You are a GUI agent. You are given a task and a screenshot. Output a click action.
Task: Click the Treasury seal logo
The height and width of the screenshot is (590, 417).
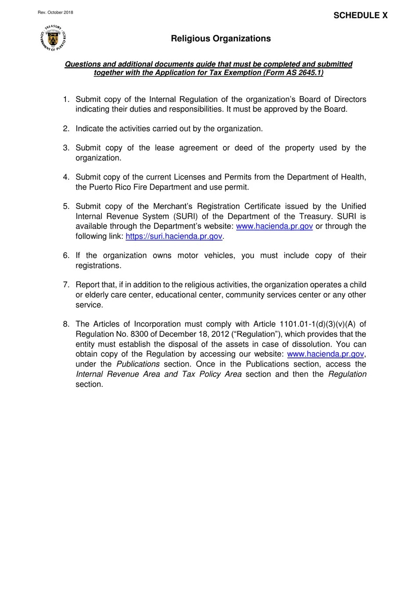(53, 38)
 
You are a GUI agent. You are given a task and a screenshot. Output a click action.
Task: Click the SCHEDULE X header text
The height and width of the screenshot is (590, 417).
(360, 15)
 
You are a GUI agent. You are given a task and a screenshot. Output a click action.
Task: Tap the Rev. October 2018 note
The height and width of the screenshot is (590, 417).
(55, 12)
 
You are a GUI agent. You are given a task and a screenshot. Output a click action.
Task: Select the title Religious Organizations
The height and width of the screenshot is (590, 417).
(221, 39)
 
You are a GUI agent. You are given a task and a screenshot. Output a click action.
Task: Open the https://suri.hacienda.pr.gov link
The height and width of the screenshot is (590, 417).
(174, 237)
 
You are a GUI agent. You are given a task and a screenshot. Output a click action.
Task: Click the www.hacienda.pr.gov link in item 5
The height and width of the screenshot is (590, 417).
(274, 226)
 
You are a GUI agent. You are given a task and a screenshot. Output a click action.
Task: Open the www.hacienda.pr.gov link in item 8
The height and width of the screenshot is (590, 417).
(325, 354)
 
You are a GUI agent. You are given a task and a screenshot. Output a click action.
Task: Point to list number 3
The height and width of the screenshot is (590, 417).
(66, 148)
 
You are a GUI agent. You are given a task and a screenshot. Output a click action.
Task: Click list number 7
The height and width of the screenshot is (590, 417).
(66, 285)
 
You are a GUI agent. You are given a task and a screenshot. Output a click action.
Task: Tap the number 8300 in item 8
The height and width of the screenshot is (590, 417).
(140, 334)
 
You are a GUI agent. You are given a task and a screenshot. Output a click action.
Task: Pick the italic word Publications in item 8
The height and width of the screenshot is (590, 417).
(138, 364)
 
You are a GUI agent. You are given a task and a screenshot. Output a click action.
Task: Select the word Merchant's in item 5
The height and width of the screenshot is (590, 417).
(173, 207)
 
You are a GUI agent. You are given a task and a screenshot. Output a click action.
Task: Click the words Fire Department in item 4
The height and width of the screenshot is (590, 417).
(159, 187)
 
